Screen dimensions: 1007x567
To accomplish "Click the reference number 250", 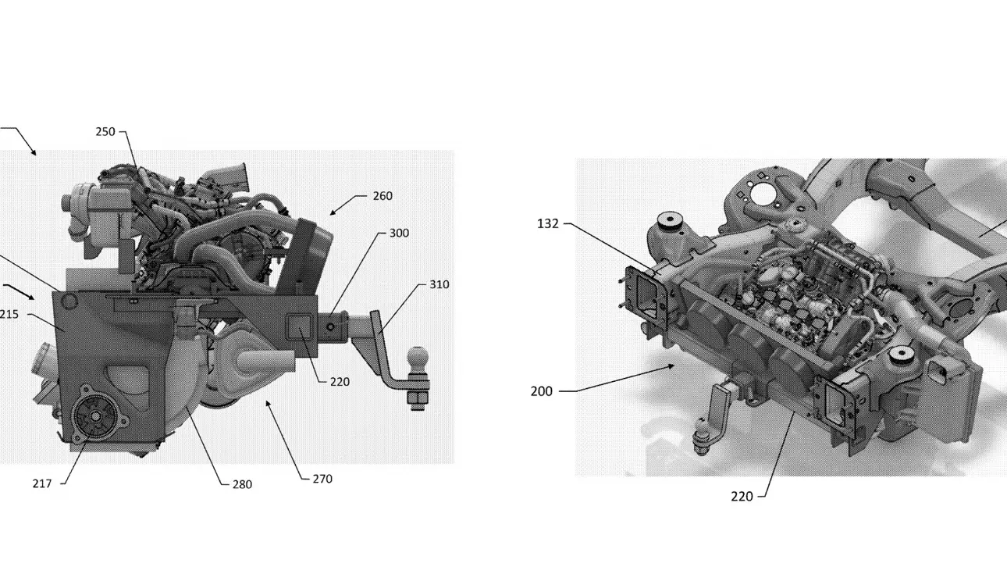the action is [x=105, y=132].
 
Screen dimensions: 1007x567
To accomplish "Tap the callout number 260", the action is [x=383, y=196].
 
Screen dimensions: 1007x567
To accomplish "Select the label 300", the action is [x=399, y=234].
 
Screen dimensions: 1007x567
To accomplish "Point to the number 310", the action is [x=439, y=284].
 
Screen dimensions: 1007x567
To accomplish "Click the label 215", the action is [x=9, y=314].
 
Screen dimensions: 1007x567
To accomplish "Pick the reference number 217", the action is [x=42, y=483].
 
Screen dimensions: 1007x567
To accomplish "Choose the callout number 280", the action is [x=242, y=485].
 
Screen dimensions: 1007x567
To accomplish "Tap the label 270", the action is [x=322, y=480].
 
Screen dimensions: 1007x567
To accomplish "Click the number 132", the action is [x=548, y=223].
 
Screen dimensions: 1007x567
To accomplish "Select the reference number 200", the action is [x=542, y=391].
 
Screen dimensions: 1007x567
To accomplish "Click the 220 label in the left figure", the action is [x=340, y=382].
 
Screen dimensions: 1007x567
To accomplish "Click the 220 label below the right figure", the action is [x=742, y=497].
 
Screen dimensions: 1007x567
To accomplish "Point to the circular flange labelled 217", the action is [x=96, y=417].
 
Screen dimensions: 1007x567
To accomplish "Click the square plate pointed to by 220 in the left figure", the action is [x=300, y=327].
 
